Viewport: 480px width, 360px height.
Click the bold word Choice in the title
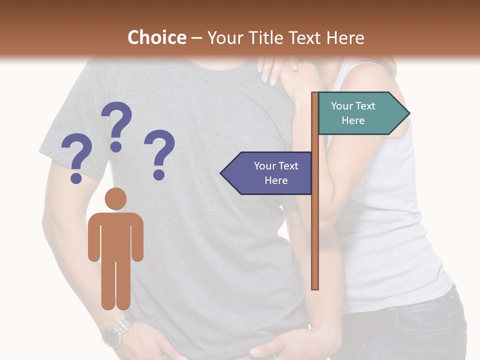156,38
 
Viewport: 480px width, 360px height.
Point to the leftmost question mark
76,158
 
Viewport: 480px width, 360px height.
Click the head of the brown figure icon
115,199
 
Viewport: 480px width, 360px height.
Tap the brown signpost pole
315,225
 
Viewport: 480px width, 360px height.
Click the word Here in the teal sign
353,120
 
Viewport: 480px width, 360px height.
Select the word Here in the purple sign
276,180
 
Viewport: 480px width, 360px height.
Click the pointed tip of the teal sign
408,113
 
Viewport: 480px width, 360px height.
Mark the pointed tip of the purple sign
222,173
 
